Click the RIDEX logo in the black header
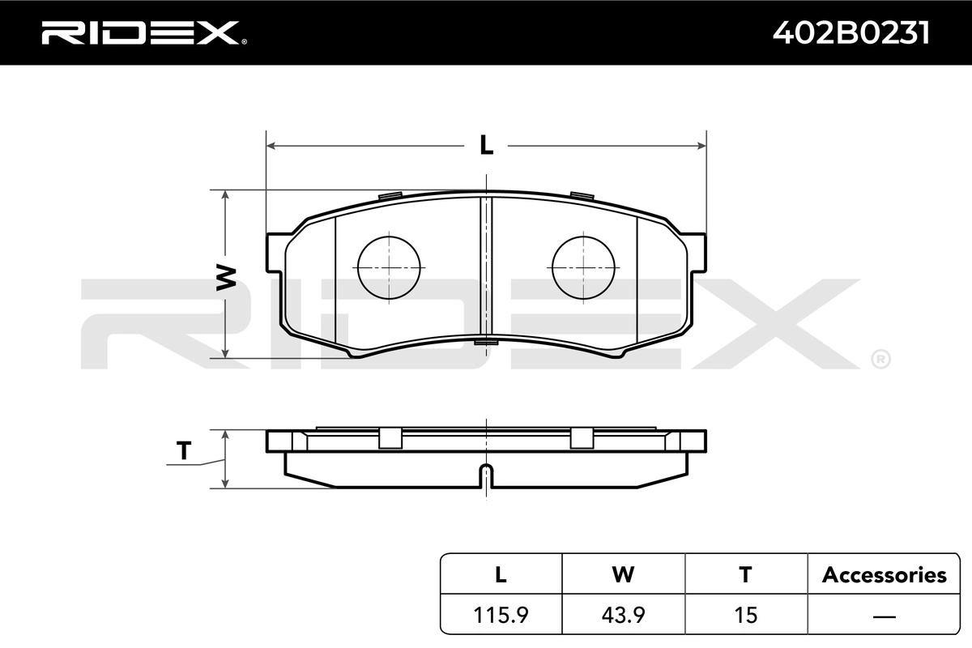pos(143,32)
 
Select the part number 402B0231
pos(851,33)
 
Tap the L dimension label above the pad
pos(487,145)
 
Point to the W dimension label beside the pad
pos(226,277)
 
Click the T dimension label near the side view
pos(184,450)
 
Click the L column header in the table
pos(501,574)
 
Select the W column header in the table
pos(623,574)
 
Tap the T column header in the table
pos(745,574)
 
